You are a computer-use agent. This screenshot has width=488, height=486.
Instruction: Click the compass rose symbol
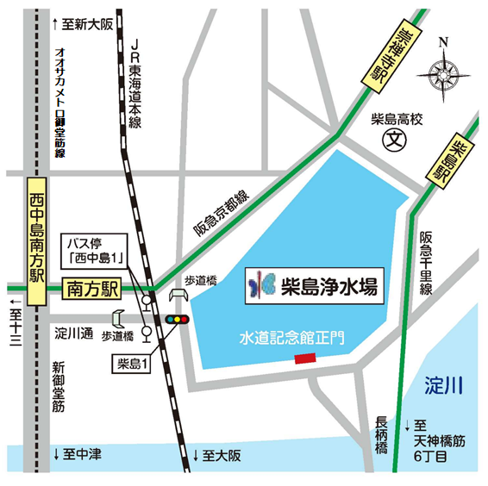(x=441, y=72)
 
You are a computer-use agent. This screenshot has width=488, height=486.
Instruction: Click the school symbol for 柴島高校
(x=394, y=136)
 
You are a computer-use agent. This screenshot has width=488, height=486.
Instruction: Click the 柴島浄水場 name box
(x=310, y=284)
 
